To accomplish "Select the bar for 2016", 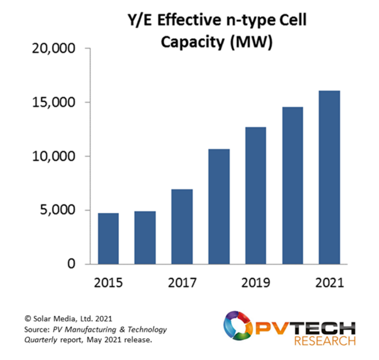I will (145, 237).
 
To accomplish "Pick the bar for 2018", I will (219, 206).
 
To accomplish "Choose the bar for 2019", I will (256, 195).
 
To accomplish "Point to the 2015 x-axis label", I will (108, 283).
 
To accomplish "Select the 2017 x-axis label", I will (182, 283).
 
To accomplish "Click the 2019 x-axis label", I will (256, 283).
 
